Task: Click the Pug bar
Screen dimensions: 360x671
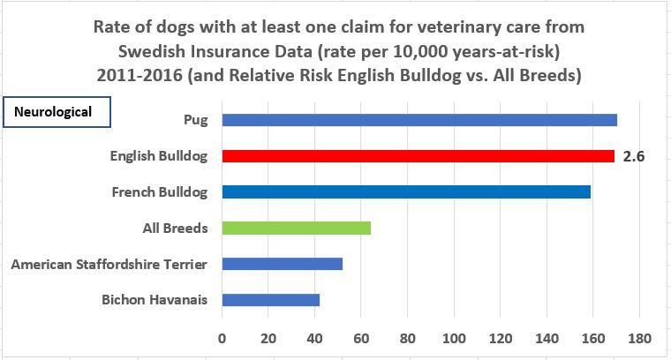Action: (419, 120)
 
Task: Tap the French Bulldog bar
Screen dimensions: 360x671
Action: (406, 191)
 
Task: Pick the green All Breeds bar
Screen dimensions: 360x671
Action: (296, 228)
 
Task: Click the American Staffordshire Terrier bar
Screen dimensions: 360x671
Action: (282, 264)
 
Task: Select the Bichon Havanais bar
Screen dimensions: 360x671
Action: (270, 300)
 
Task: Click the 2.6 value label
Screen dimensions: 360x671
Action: (634, 156)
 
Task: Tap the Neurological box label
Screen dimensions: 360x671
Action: (59, 113)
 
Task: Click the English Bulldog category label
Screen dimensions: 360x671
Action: (159, 156)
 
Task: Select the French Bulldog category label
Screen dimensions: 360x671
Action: (160, 191)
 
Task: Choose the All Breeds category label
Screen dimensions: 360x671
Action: (175, 228)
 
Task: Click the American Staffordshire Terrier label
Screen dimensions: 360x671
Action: (109, 264)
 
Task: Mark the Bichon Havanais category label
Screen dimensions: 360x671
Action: (155, 300)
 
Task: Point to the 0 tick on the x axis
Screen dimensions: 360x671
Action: (222, 338)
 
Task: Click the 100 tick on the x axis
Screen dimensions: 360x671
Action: (454, 338)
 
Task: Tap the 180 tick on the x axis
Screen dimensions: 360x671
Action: (639, 338)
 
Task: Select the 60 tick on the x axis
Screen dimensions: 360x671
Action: (361, 338)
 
